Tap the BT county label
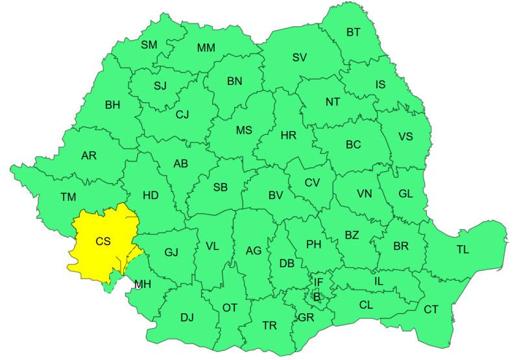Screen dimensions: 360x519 tap(354, 32)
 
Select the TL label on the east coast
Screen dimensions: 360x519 tap(463, 250)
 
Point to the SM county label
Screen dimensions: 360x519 tap(149, 45)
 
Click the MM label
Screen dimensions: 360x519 tap(206, 48)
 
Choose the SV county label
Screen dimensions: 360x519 tap(299, 57)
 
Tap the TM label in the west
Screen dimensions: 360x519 tap(69, 197)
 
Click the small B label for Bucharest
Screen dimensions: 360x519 tap(317, 296)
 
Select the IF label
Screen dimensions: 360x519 tap(318, 282)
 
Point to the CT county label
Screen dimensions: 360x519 tap(431, 309)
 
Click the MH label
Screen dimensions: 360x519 tap(143, 284)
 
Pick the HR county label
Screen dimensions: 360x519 tap(288, 136)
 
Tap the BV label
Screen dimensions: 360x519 tap(276, 195)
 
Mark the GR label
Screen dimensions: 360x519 tap(306, 317)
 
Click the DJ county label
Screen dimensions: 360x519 tap(187, 317)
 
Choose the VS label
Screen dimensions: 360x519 tap(405, 136)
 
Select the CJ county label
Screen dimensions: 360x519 tap(182, 115)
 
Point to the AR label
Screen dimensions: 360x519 tap(89, 156)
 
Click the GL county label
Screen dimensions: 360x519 tap(405, 193)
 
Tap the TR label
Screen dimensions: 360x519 tap(269, 325)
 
